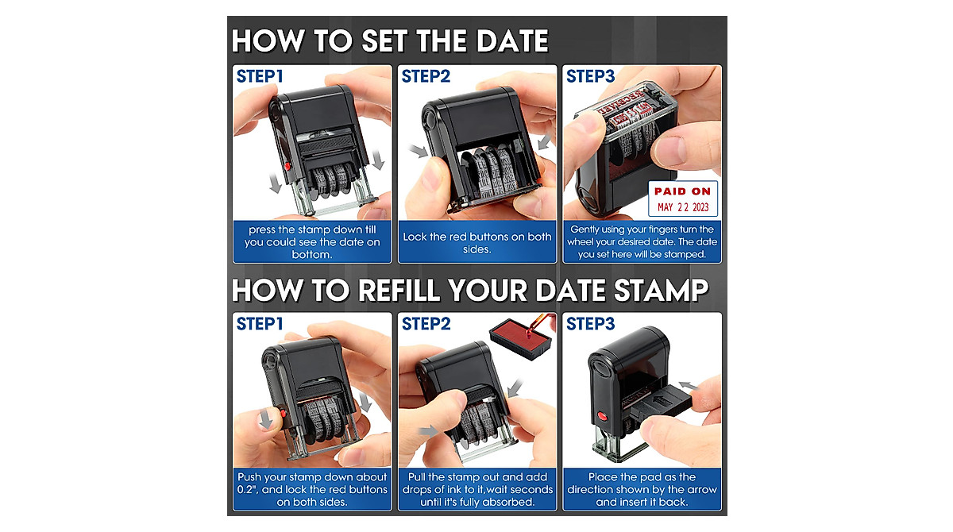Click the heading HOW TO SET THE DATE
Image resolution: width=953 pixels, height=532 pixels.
tap(390, 41)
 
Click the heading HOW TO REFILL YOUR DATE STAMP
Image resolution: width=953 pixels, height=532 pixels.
tap(469, 290)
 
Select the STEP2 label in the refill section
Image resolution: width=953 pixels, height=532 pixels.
tap(426, 323)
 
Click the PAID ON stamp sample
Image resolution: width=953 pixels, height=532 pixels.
tap(682, 191)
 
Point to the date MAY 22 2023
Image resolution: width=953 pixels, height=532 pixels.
tap(682, 208)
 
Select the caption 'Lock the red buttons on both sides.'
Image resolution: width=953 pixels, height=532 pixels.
tap(477, 242)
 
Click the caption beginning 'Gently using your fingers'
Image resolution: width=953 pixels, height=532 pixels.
tap(642, 242)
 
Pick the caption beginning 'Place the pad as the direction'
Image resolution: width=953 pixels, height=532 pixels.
tap(642, 489)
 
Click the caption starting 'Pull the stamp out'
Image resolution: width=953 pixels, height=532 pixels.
tap(477, 489)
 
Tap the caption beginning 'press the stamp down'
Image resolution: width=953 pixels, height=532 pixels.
tap(312, 242)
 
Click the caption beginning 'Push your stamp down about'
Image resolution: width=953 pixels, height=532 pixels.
tap(312, 489)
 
